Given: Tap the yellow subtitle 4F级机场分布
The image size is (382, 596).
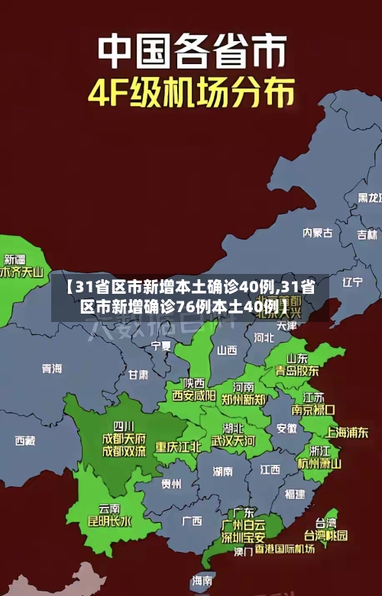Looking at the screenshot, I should point(191,93).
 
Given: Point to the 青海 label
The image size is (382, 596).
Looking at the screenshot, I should point(51,368).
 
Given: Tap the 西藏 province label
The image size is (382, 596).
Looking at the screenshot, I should point(24,440).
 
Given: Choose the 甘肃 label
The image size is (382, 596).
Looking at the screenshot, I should point(138,375).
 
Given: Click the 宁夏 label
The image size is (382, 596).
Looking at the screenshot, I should point(161,345).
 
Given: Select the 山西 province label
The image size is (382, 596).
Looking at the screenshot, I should point(227,350).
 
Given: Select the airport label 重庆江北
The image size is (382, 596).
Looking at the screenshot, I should point(178,446).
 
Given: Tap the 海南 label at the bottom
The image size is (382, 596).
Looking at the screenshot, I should point(202,581).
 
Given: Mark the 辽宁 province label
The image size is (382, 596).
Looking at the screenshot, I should point(352,282).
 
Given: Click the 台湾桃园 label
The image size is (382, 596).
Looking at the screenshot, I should point(326,535).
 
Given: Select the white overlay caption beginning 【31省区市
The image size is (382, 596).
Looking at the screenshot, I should point(190,296).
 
